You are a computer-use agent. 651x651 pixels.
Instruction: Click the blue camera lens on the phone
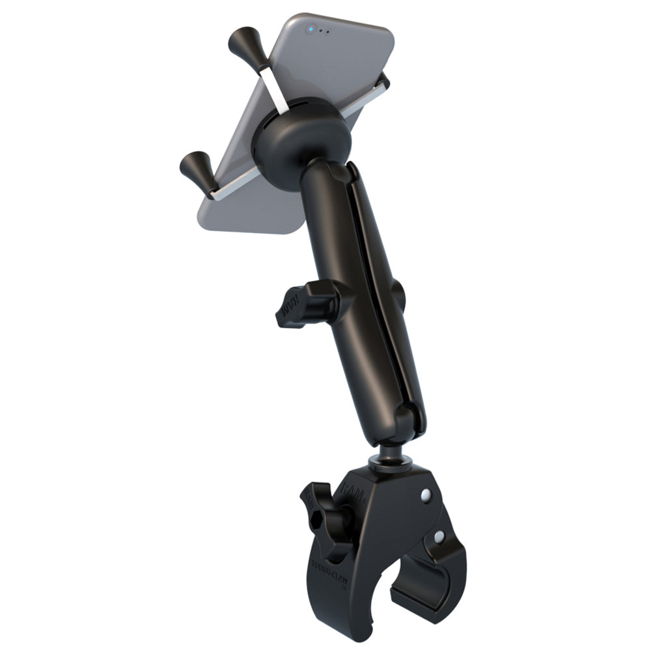click(x=313, y=29)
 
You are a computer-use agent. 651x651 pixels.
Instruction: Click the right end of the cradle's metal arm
click(x=384, y=81)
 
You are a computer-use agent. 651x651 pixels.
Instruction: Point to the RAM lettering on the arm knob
click(x=290, y=303)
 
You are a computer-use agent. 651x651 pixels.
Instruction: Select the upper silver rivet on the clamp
click(x=426, y=496)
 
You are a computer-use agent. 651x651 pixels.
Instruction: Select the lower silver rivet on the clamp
click(x=440, y=538)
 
